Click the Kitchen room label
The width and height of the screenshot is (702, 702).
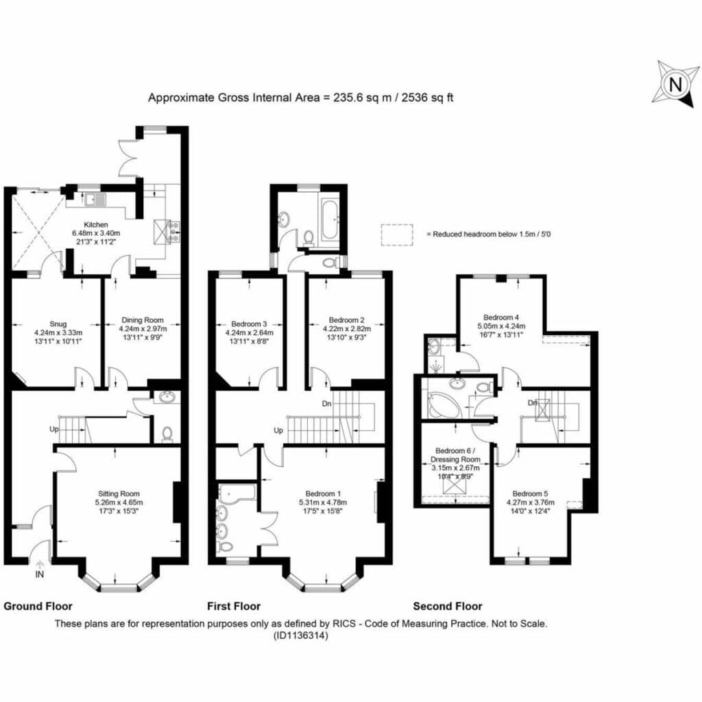pyautogui.click(x=96, y=225)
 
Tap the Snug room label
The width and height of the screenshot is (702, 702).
pyautogui.click(x=58, y=324)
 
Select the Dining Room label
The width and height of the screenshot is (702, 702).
pyautogui.click(x=143, y=320)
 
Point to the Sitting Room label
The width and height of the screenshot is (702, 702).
pyautogui.click(x=119, y=494)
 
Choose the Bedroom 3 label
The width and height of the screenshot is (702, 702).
pyautogui.click(x=249, y=324)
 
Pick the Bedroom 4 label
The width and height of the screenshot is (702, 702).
pyautogui.click(x=501, y=317)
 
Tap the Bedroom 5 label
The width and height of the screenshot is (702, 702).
pyautogui.click(x=530, y=494)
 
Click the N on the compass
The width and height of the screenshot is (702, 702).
pyautogui.click(x=675, y=84)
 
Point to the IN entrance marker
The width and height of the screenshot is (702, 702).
pyautogui.click(x=39, y=574)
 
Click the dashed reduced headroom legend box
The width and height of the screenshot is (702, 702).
pyautogui.click(x=397, y=234)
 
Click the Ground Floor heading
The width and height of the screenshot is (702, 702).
pyautogui.click(x=38, y=606)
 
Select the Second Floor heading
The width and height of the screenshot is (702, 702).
pyautogui.click(x=448, y=606)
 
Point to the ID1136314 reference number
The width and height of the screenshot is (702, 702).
pyautogui.click(x=300, y=635)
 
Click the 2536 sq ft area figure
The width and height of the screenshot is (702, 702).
pyautogui.click(x=427, y=97)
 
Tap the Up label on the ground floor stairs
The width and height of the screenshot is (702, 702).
pyautogui.click(x=54, y=429)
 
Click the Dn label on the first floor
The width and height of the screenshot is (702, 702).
pyautogui.click(x=327, y=403)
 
